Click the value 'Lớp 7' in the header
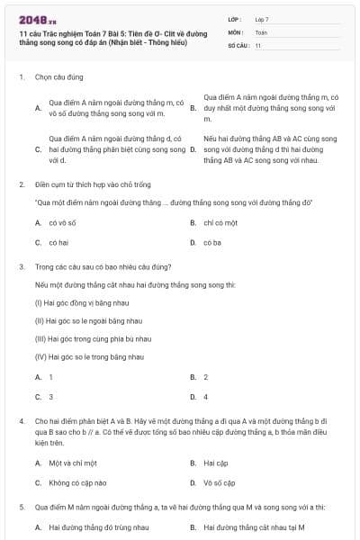pyautogui.click(x=262, y=19)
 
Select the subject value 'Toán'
pyautogui.click(x=261, y=31)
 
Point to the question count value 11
pyautogui.click(x=258, y=44)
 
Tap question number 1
pyautogui.click(x=21, y=77)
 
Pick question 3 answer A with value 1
pyautogui.click(x=50, y=377)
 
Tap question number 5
pyautogui.click(x=21, y=507)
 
